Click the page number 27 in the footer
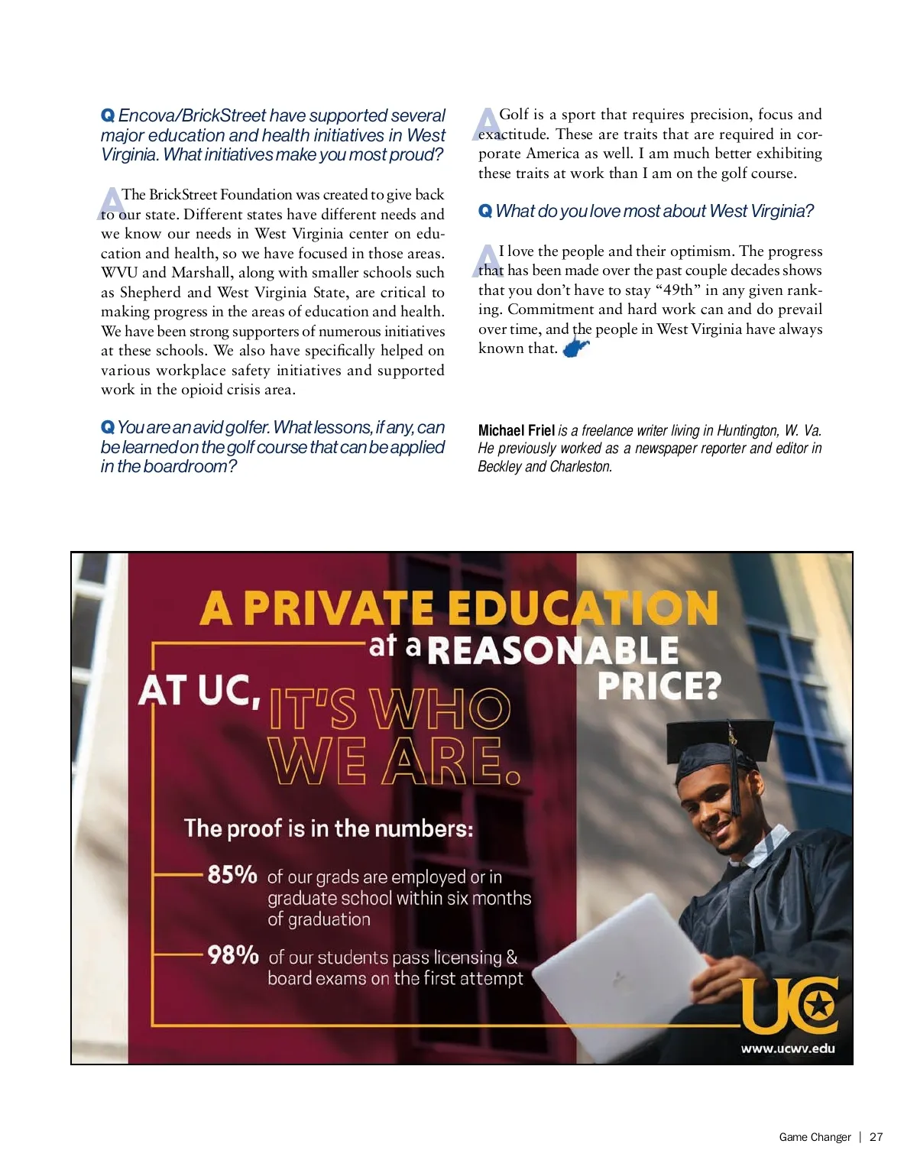pos(876,1137)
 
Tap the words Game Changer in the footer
pos(815,1137)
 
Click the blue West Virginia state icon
pos(575,348)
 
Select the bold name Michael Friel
pos(516,430)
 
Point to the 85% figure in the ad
pos(232,874)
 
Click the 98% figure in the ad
pos(233,954)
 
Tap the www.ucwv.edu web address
pos(787,1048)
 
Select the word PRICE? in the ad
pos(659,685)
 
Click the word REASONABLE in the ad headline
pos(552,650)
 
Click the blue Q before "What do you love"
pos(484,211)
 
